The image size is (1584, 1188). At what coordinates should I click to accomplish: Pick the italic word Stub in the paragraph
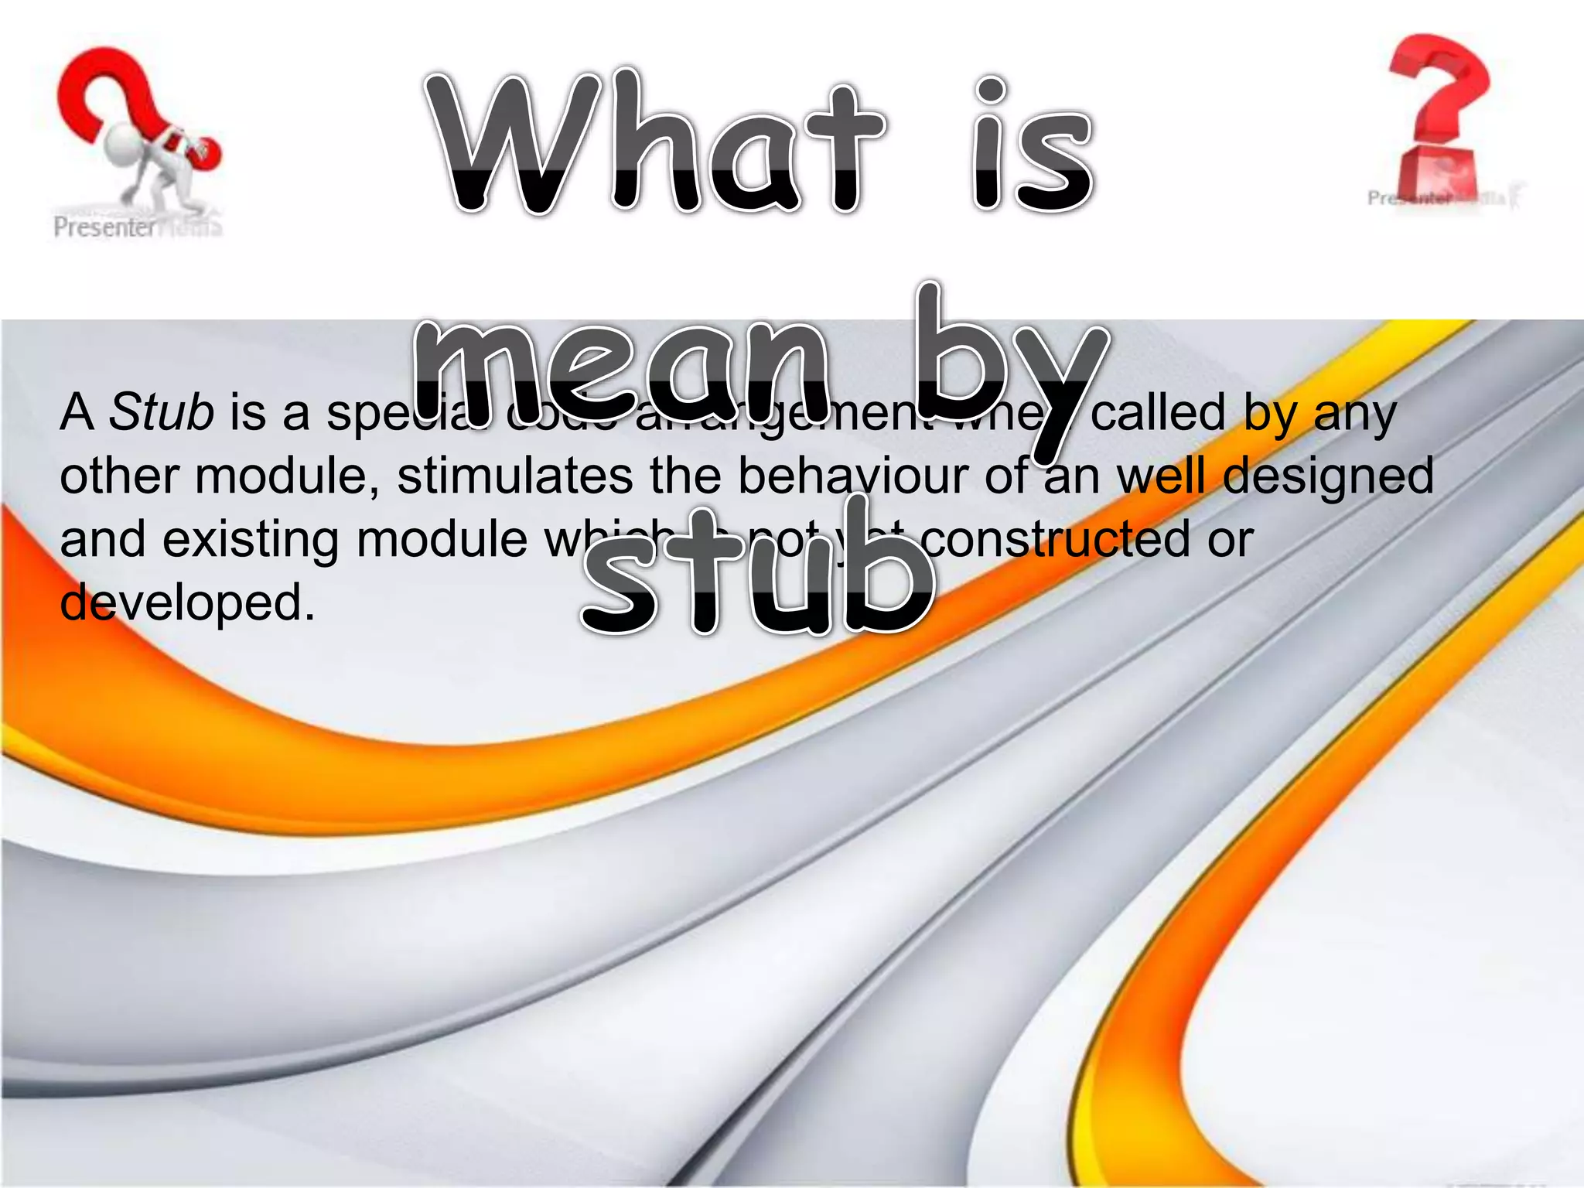point(161,411)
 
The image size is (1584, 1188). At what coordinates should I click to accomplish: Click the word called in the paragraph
point(1158,411)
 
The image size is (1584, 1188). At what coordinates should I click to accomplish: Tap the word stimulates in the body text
point(514,475)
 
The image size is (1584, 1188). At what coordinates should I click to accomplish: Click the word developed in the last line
point(186,603)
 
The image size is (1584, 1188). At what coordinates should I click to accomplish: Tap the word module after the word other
point(285,475)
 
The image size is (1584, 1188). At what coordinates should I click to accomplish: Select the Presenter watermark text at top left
point(105,227)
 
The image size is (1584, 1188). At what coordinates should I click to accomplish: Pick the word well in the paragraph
point(1161,475)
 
